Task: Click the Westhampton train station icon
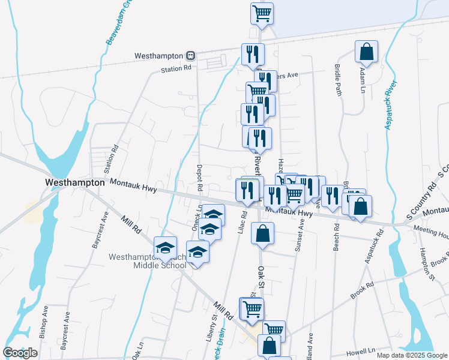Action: [190, 55]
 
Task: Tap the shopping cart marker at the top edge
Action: [262, 13]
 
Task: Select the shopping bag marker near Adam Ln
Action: [366, 52]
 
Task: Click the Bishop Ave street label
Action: [45, 322]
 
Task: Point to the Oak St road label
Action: [261, 281]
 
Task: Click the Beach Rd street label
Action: [337, 238]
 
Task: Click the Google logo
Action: [20, 353]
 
